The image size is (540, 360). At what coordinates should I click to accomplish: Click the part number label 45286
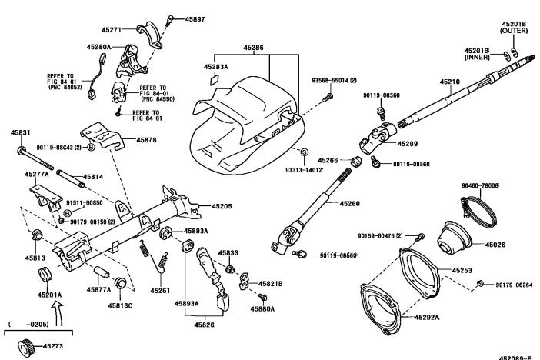(x=254, y=48)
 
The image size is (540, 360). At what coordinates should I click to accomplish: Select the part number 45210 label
(x=449, y=82)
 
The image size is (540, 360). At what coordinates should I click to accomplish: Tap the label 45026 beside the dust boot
(x=495, y=245)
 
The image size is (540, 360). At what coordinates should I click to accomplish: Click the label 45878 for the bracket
(x=147, y=140)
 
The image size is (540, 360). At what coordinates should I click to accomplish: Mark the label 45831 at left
(x=21, y=133)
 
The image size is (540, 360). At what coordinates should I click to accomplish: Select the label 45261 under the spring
(x=161, y=291)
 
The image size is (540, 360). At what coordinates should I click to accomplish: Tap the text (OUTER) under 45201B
(x=514, y=31)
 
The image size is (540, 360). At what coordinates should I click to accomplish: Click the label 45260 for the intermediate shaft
(x=349, y=203)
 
